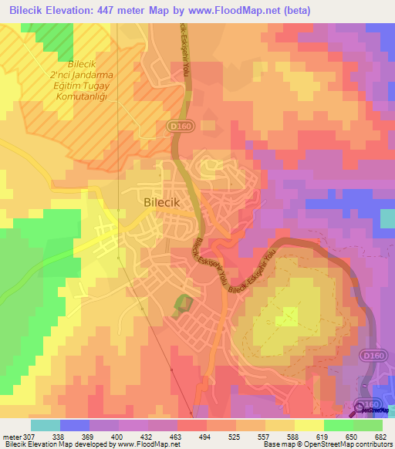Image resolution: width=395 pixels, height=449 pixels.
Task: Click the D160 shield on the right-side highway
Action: pyautogui.click(x=371, y=354)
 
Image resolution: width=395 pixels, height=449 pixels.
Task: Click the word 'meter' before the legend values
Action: pyautogui.click(x=11, y=436)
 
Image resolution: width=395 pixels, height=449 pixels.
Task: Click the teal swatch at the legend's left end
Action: pyautogui.click(x=46, y=425)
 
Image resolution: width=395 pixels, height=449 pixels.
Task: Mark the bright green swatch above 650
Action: pyautogui.click(x=339, y=425)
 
